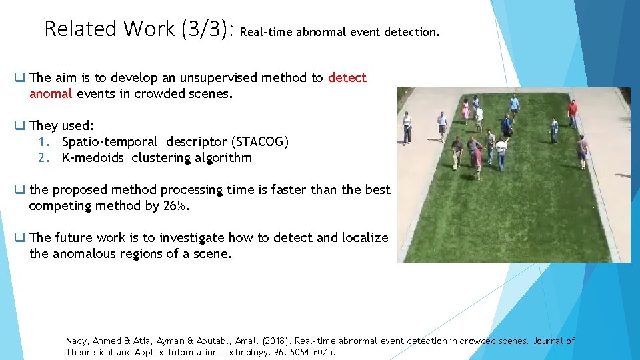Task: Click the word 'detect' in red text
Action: click(x=347, y=78)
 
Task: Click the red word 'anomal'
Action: click(x=50, y=94)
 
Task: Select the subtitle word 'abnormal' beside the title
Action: click(x=321, y=32)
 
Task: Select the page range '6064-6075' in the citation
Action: click(x=312, y=352)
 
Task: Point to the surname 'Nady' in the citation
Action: click(x=77, y=341)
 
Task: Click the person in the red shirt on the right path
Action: click(x=572, y=112)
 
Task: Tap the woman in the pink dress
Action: click(x=465, y=110)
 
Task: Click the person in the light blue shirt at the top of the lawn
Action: click(x=514, y=103)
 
